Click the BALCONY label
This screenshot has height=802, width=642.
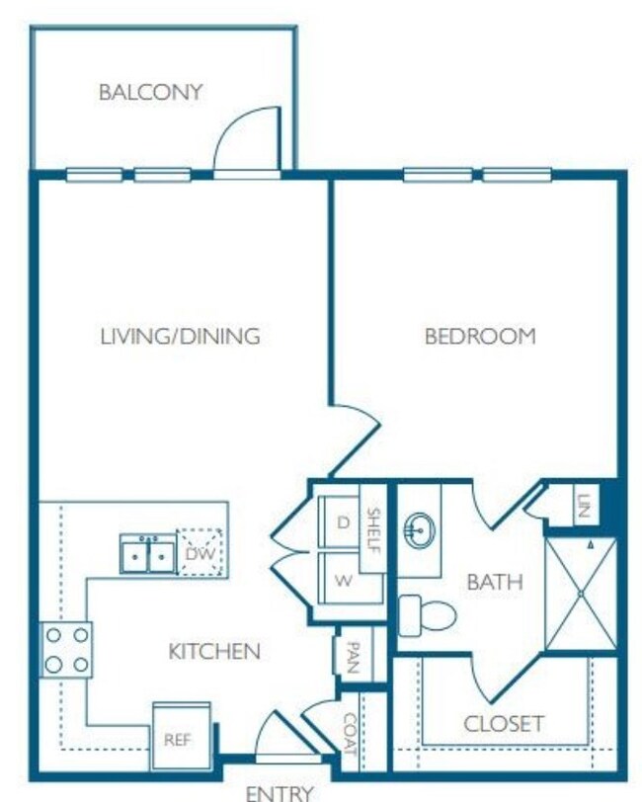[150, 93]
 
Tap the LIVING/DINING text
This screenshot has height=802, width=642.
[180, 336]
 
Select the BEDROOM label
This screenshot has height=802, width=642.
[479, 336]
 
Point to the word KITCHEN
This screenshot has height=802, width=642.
[214, 651]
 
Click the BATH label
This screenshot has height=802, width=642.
[494, 582]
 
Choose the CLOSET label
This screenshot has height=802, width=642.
[503, 723]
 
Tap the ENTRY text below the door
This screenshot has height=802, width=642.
[280, 792]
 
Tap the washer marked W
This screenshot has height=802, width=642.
[343, 581]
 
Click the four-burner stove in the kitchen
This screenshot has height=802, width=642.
[65, 649]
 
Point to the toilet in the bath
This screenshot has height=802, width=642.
[427, 615]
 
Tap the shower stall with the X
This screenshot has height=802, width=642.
[581, 595]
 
